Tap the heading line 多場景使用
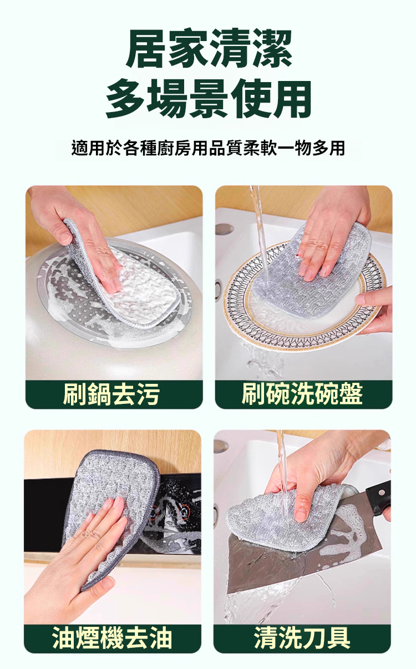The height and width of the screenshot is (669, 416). click(208, 99)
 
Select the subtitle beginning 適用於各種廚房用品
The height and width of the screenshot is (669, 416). click(208, 148)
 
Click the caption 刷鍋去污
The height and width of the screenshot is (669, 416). click(111, 394)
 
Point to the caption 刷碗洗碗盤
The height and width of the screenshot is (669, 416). click(302, 394)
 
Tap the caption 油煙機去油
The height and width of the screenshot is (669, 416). click(112, 636)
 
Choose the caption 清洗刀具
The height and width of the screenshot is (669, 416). click(302, 636)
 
